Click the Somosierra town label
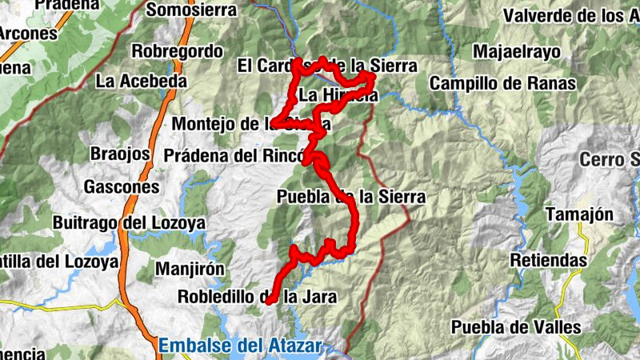[192, 10]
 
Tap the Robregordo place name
[177, 51]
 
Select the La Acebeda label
[141, 81]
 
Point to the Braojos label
[121, 154]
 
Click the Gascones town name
[122, 187]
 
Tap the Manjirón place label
[190, 268]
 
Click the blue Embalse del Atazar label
[239, 346]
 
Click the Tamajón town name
[579, 214]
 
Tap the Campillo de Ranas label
[502, 82]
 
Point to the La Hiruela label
[338, 96]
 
